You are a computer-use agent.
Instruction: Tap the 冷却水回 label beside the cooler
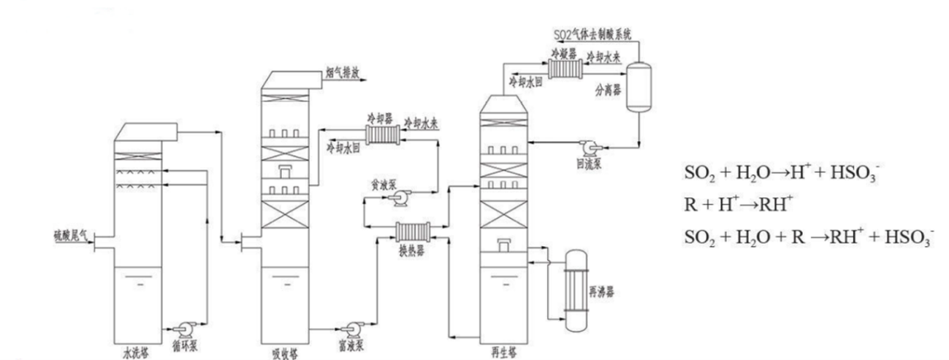tap(344, 148)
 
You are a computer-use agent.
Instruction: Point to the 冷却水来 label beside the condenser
tap(604, 55)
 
